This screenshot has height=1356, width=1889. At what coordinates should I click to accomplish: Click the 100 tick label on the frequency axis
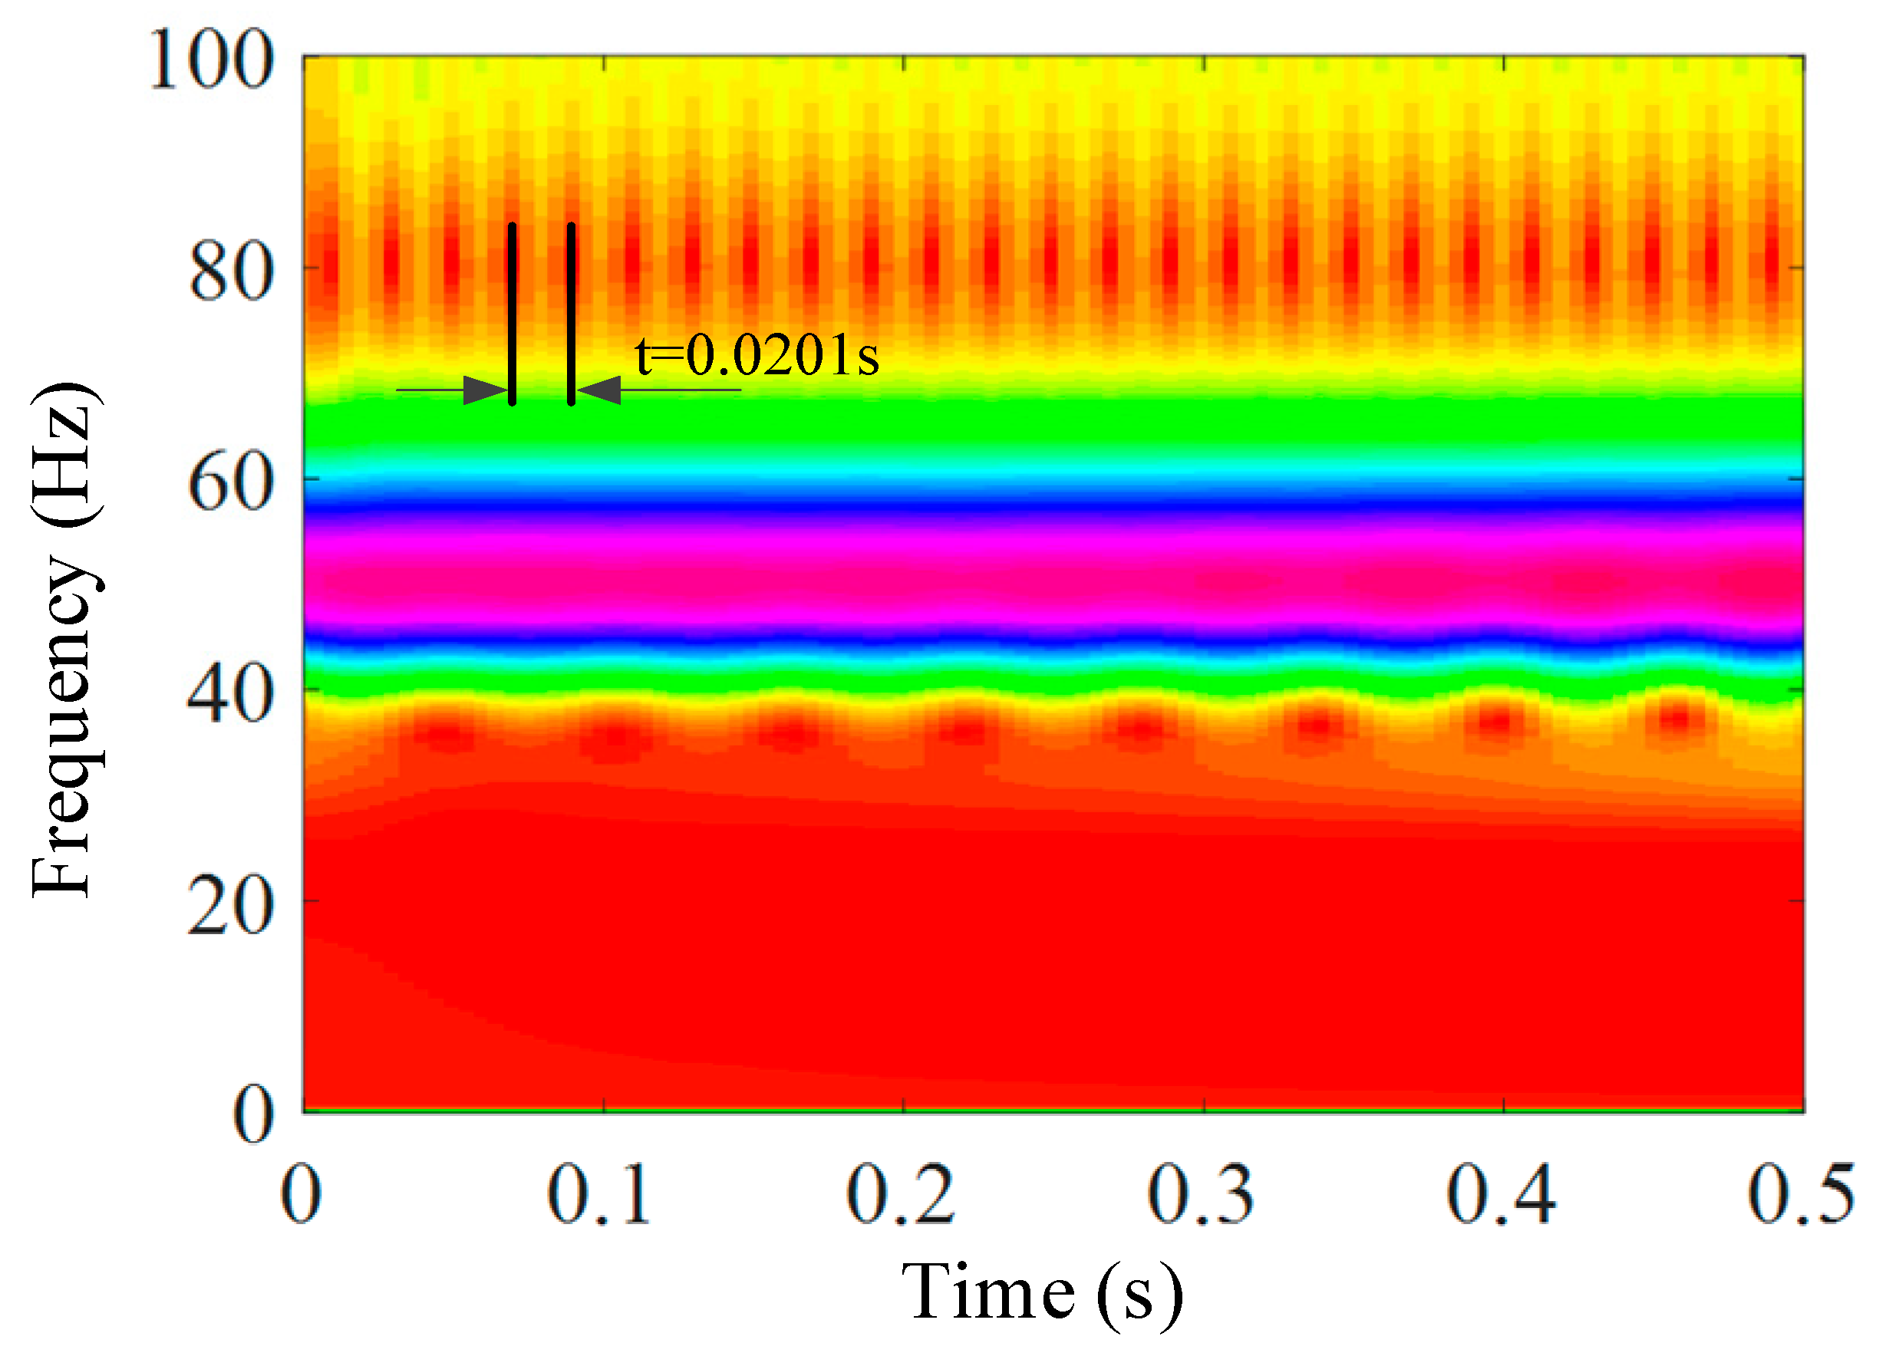211,60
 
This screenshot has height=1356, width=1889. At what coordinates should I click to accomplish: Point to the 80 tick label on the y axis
231,273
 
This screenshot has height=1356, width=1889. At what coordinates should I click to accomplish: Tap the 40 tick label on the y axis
231,696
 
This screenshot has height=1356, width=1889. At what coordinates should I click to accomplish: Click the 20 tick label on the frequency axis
231,907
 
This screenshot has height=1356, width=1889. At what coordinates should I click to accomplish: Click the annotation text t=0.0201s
757,357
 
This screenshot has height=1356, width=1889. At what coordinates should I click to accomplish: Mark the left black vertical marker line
513,314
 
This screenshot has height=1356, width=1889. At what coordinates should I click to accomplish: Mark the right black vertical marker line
572,314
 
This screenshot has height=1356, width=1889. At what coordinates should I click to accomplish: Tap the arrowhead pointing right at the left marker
486,390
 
